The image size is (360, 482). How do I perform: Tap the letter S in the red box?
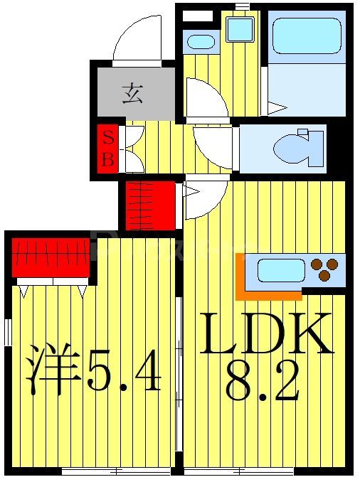click(x=107, y=136)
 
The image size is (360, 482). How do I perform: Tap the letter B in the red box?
click(x=107, y=159)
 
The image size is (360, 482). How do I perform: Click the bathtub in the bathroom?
click(x=307, y=36)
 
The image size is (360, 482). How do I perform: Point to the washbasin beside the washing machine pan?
click(x=201, y=41)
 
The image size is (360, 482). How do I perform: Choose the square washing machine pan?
click(x=240, y=29)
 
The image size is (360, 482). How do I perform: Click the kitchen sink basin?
click(x=280, y=270)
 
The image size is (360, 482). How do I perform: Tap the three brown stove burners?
click(x=325, y=270)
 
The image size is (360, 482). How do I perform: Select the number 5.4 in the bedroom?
click(x=125, y=371)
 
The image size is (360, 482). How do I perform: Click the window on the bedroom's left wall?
click(x=7, y=332)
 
